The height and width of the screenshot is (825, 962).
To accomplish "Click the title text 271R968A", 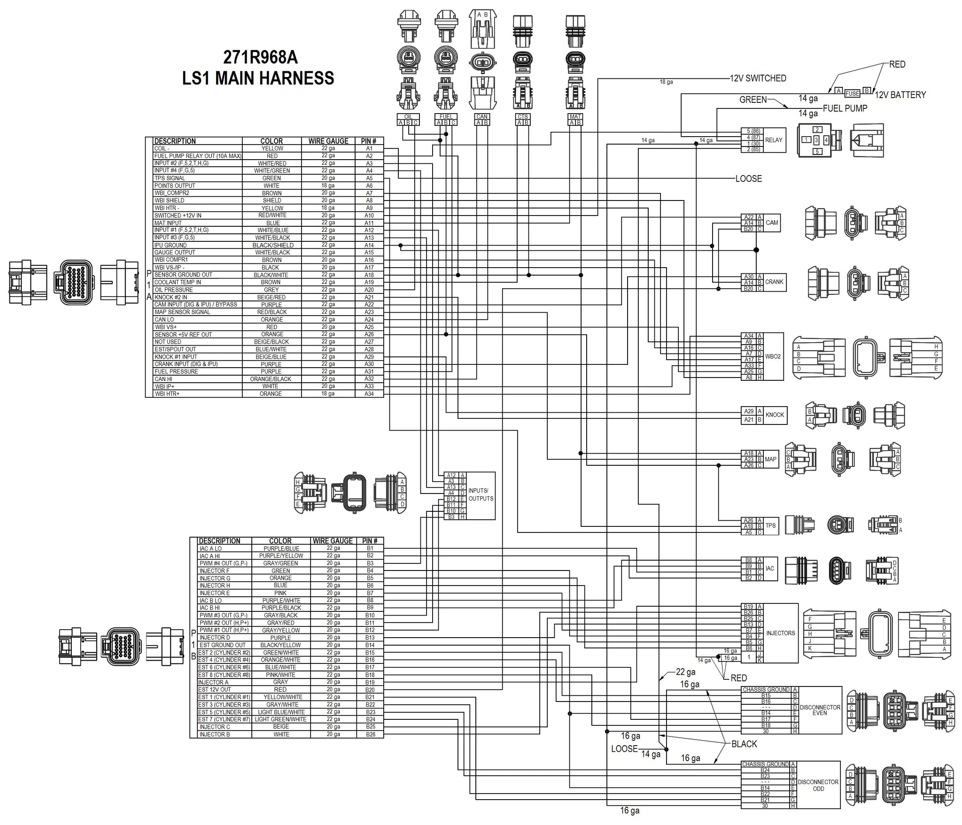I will pos(260,57).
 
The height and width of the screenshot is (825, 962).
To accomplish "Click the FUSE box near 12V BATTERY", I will pos(852,93).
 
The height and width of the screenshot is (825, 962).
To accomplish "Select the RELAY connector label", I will pos(774,140).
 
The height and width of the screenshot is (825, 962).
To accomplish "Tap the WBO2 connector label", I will pos(773,356).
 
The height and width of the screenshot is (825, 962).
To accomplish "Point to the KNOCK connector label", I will pos(775,415).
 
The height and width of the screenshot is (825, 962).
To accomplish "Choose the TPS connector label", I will pos(770,526).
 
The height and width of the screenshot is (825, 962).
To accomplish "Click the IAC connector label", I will pos(769,568).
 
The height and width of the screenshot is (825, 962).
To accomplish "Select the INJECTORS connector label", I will pos(780,633).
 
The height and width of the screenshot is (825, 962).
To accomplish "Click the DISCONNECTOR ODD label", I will pos(818,785).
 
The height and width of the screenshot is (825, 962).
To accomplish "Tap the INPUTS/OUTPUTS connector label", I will pos(481,495).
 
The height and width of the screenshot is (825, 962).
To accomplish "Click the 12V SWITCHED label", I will pos(758,78).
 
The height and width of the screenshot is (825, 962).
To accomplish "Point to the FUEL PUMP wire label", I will pos(845,108).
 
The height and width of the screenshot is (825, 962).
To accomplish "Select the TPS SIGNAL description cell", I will pos(170,178).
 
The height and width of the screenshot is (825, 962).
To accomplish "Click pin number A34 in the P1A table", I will pos(369,393).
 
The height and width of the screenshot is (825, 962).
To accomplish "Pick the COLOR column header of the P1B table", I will pos(280,541).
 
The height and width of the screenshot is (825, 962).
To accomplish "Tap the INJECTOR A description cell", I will pos(213,682).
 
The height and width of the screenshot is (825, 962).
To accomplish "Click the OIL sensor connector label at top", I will pos(408,116).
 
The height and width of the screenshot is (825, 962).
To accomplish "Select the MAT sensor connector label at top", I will pos(575,116).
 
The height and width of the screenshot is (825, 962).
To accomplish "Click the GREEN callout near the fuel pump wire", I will pos(753,100).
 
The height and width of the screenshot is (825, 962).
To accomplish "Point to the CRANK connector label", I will pos(774,282).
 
